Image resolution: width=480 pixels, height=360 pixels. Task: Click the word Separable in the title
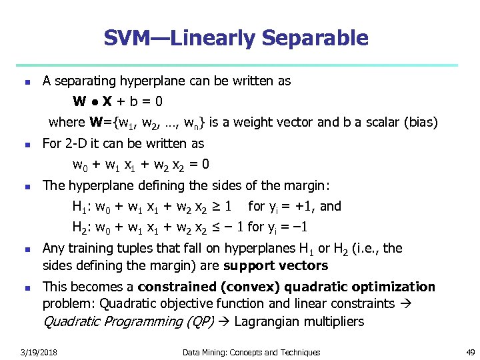[x=315, y=38]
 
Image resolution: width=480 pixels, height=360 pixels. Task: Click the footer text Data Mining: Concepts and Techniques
[x=251, y=352]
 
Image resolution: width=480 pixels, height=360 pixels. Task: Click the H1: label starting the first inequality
[x=83, y=206]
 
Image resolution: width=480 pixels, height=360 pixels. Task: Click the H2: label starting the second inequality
[x=83, y=227]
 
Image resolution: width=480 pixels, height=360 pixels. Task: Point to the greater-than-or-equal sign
[x=215, y=206]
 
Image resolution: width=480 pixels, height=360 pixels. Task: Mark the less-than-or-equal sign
[x=215, y=227]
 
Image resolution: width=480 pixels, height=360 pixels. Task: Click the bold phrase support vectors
[x=276, y=266]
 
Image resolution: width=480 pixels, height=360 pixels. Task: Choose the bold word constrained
[x=177, y=287]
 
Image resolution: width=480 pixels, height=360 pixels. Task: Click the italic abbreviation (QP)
[x=199, y=322]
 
